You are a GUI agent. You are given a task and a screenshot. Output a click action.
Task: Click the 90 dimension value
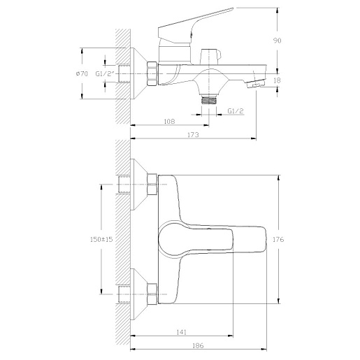[x=277, y=41]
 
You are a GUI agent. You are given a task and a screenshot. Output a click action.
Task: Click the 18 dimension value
[x=277, y=80]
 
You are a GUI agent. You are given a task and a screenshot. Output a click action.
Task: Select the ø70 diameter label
[x=82, y=73]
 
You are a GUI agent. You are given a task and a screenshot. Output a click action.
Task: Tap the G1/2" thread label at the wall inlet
[x=105, y=73]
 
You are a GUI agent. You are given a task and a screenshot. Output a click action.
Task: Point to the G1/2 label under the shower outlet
[x=236, y=111]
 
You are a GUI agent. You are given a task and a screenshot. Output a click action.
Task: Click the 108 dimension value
[x=169, y=122]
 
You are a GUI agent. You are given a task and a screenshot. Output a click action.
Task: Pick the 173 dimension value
[x=193, y=135]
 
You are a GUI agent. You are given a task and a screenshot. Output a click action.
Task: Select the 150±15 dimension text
[x=101, y=239]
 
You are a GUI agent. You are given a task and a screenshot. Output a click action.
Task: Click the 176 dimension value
[x=278, y=239]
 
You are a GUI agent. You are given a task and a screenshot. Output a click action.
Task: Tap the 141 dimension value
[x=181, y=332]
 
